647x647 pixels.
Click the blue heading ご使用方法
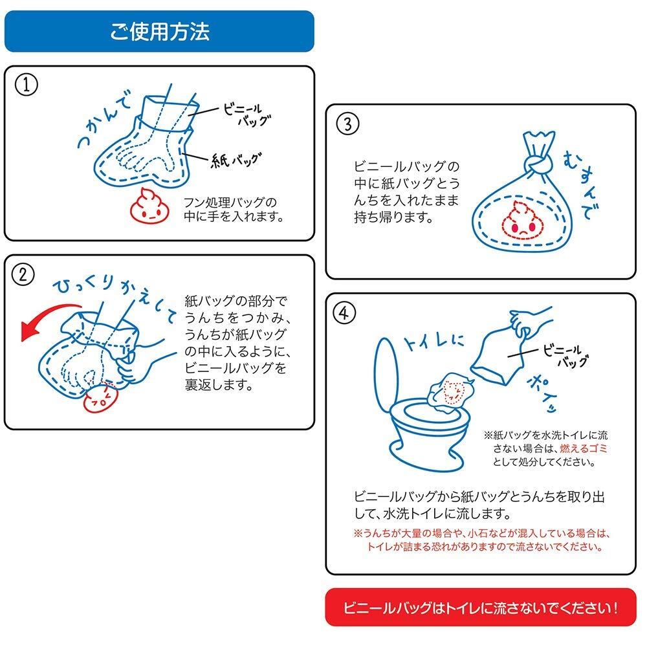(159, 31)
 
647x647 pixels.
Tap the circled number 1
(25, 85)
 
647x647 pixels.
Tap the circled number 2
(24, 274)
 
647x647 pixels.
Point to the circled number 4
(347, 314)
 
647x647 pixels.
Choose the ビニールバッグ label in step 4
(564, 355)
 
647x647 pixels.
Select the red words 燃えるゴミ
(586, 448)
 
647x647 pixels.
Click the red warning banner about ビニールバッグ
(480, 608)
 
